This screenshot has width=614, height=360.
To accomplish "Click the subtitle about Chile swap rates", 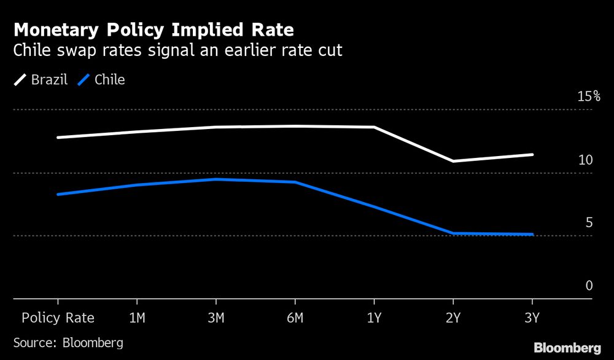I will click(x=177, y=50).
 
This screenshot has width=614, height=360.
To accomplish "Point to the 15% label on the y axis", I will click(x=588, y=96).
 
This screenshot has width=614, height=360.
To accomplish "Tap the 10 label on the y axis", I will click(x=585, y=160).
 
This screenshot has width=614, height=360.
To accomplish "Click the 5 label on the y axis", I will click(x=589, y=222).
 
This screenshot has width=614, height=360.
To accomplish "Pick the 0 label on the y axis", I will click(x=589, y=286).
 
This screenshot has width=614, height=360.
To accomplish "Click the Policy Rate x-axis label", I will click(x=58, y=318).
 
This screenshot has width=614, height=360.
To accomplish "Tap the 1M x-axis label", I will click(x=136, y=318).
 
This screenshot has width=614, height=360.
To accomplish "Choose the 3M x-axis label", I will click(x=216, y=318).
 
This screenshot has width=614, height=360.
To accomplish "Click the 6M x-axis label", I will click(x=295, y=318).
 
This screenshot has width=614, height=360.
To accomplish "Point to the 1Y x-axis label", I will click(x=374, y=318).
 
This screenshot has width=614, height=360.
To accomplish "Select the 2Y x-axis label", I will click(x=453, y=318).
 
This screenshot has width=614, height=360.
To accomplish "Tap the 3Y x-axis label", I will click(x=532, y=318).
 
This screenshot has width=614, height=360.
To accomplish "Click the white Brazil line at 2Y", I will click(x=453, y=161).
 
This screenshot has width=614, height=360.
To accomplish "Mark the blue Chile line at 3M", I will click(x=216, y=179).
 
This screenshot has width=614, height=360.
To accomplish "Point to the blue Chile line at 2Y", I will click(x=453, y=233).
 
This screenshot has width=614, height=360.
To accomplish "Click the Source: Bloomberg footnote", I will click(x=68, y=342).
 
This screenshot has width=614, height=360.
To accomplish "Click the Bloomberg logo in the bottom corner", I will click(x=567, y=348).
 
